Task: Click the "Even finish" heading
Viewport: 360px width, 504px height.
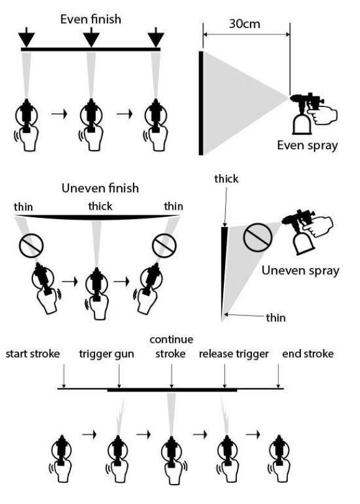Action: tap(91, 19)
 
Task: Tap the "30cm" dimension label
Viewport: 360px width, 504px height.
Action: tap(244, 24)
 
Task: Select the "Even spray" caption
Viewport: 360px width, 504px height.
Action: tap(307, 145)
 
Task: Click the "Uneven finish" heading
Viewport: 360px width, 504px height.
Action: tap(100, 188)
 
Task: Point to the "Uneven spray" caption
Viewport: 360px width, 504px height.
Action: tap(300, 270)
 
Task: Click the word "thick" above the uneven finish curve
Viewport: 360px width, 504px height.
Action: tap(100, 206)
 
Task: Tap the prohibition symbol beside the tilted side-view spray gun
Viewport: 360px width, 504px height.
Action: tap(257, 238)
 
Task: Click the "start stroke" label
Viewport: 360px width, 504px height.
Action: tap(33, 353)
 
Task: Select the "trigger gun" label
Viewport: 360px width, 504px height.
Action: tap(106, 354)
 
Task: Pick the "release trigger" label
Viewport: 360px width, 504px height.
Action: tap(233, 354)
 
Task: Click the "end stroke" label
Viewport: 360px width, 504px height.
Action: tap(308, 353)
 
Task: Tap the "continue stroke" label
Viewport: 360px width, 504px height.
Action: tap(171, 347)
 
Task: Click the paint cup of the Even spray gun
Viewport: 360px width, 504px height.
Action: tap(302, 123)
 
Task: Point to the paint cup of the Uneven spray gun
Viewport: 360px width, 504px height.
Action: tap(303, 243)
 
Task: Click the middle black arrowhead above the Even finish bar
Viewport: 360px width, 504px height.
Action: tap(91, 37)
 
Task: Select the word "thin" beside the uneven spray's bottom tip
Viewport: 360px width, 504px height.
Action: tap(275, 317)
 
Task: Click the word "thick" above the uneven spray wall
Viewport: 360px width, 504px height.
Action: tap(226, 179)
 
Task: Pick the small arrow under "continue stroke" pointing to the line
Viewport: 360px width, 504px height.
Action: tap(172, 376)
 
